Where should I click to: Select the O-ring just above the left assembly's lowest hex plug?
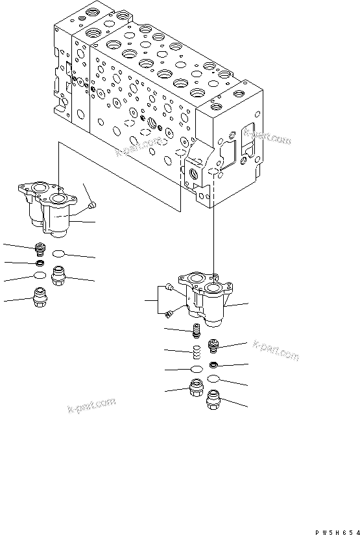coord(40,278)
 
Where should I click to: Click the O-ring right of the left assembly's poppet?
coord(59,254)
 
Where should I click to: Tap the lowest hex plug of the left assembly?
coord(41,300)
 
